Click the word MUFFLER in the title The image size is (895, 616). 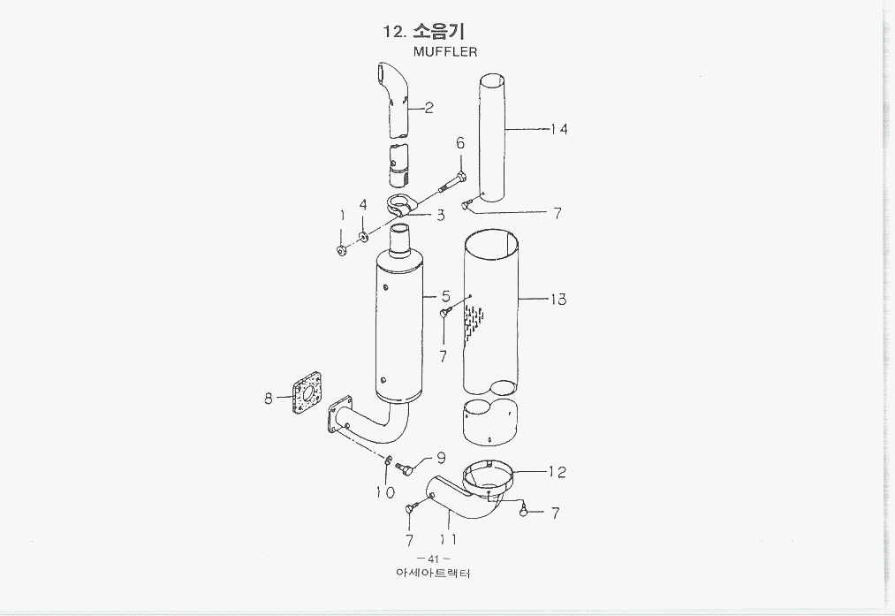(x=444, y=52)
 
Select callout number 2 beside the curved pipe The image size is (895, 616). (x=429, y=108)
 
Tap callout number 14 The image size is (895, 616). (x=558, y=129)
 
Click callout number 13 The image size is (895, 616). (x=557, y=300)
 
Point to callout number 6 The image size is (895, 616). (x=460, y=144)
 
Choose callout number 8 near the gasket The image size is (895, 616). (x=269, y=399)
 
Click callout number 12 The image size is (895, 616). (x=557, y=472)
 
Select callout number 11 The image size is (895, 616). (x=448, y=538)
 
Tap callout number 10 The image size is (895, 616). (x=384, y=492)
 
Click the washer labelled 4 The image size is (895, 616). (x=363, y=237)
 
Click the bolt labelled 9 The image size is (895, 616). (x=405, y=468)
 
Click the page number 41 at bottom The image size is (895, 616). (x=433, y=559)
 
